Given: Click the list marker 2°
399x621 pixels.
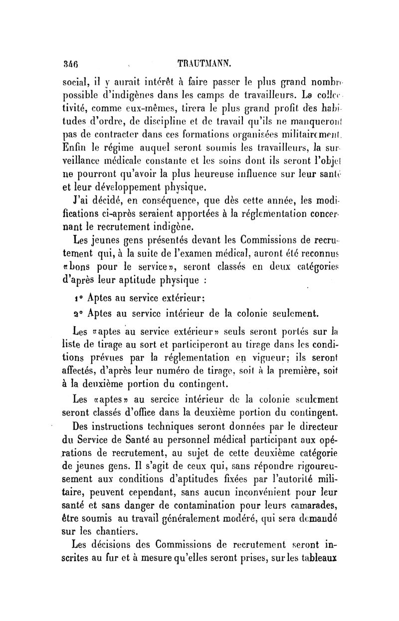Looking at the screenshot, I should tap(77, 313).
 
